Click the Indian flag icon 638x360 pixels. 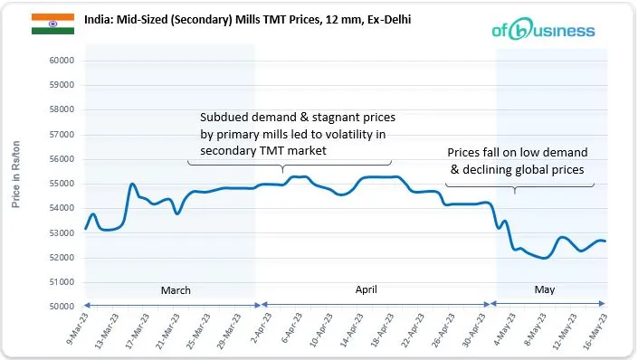(x=46, y=24)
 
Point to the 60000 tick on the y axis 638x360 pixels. (x=61, y=61)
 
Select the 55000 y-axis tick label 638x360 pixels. (x=61, y=184)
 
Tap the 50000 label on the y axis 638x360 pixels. (x=61, y=307)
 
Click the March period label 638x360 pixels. (x=176, y=290)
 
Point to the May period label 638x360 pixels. (x=544, y=290)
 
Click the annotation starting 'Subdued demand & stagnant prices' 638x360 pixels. (x=298, y=134)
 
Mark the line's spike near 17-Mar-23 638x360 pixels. (x=133, y=185)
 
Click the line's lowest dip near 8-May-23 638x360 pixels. (x=544, y=258)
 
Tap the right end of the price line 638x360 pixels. (x=631, y=241)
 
